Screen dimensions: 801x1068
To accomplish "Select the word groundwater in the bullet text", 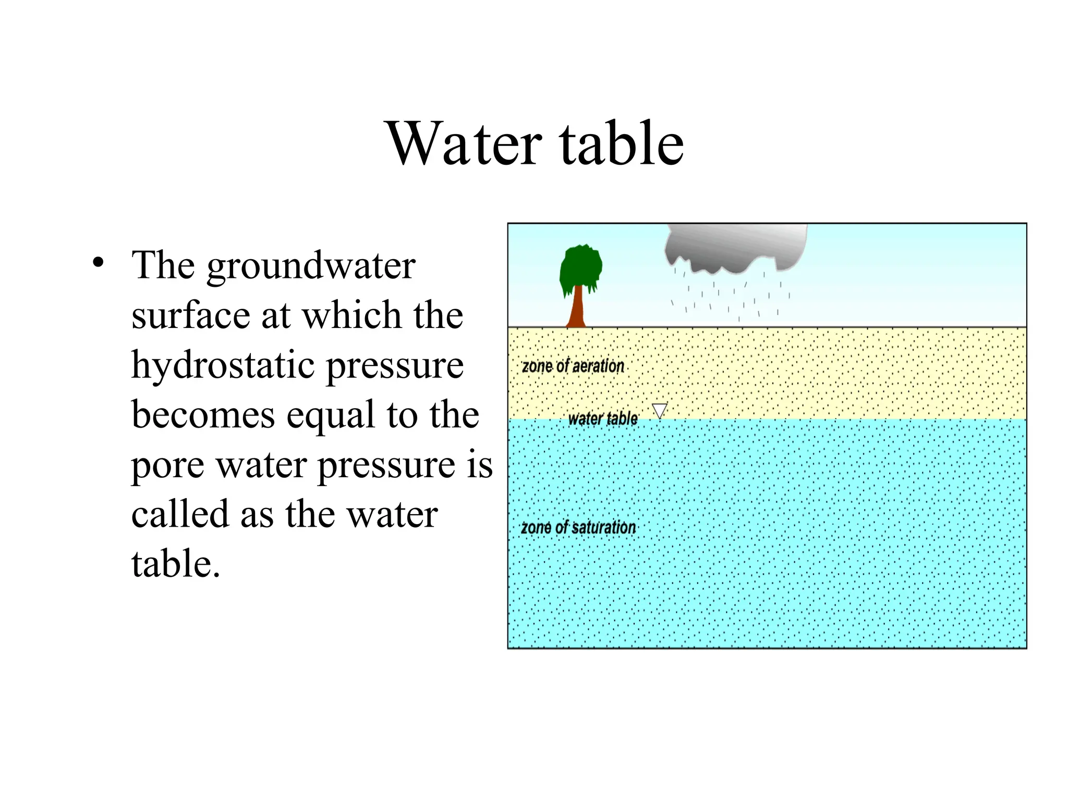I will [x=311, y=266].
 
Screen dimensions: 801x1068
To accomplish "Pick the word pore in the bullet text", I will [x=167, y=466].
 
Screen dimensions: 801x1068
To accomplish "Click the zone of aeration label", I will [x=573, y=367].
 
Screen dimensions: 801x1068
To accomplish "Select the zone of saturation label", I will [x=578, y=528].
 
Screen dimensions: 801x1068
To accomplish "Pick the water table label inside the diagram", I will [x=602, y=418].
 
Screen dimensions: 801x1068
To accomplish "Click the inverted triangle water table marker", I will [x=660, y=410].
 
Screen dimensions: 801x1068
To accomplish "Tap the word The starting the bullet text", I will [x=163, y=265].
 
